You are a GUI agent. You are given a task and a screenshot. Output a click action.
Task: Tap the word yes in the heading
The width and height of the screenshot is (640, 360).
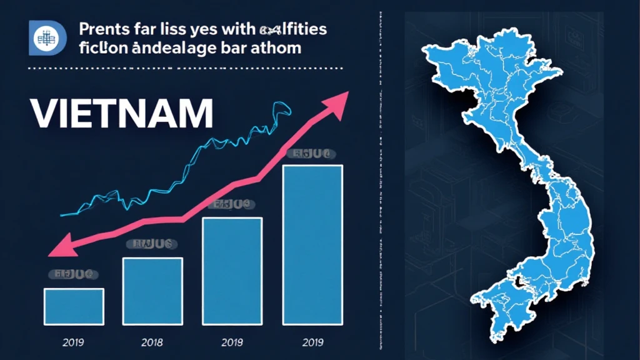(x=213, y=29)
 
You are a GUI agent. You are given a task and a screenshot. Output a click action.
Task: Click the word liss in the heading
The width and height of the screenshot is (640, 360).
(x=177, y=29)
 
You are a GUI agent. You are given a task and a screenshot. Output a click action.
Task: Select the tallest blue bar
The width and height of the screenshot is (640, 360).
(x=312, y=244)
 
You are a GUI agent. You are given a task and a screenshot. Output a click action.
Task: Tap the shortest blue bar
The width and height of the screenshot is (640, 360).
(x=74, y=306)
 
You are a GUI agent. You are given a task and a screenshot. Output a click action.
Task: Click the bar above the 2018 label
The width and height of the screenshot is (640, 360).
(x=152, y=291)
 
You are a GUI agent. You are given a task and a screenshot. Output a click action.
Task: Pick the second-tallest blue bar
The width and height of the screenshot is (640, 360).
(x=232, y=271)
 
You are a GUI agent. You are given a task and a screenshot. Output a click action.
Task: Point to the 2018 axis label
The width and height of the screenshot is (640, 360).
(x=152, y=343)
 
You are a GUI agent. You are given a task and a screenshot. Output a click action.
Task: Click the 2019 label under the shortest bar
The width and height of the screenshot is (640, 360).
(x=73, y=343)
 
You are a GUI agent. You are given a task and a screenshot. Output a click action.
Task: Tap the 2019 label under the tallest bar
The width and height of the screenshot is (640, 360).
(x=312, y=343)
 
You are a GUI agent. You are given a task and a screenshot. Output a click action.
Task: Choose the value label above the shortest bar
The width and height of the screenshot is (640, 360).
(x=74, y=274)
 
